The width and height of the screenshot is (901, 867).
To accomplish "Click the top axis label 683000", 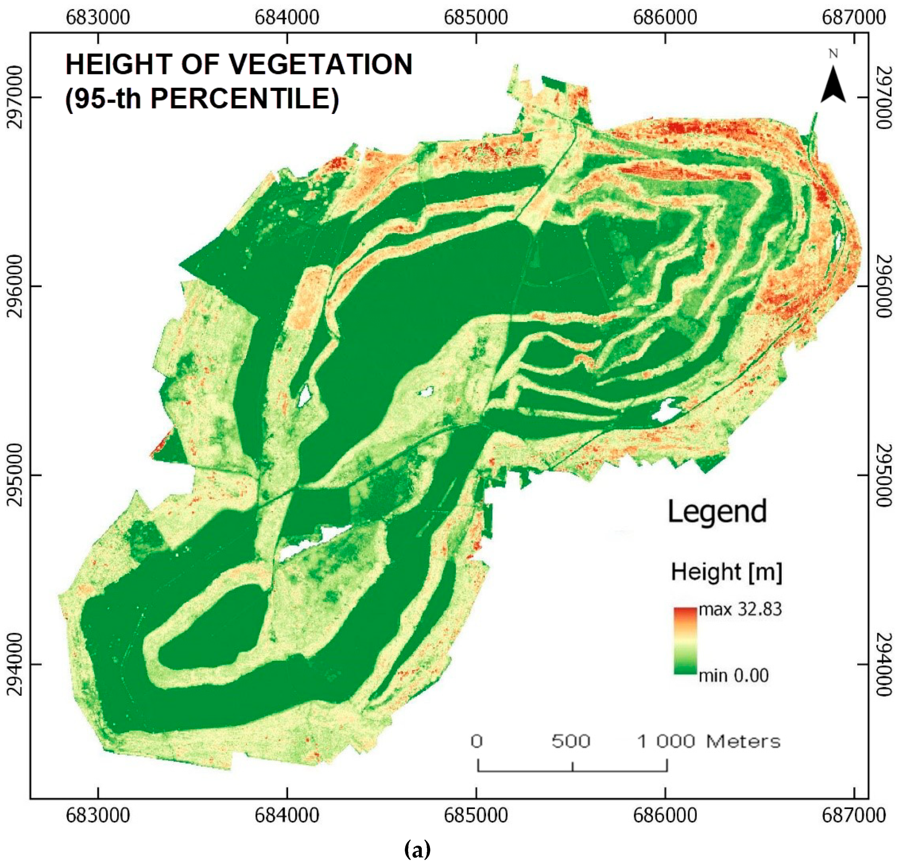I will [x=98, y=17].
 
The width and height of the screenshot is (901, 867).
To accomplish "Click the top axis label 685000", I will [x=476, y=17].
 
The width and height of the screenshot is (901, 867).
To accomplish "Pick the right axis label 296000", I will [x=885, y=287].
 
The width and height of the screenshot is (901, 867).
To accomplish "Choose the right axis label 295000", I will [x=885, y=476].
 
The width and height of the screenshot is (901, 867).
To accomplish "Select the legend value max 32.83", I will [x=740, y=609].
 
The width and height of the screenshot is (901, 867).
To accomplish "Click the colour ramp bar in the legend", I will [x=685, y=641].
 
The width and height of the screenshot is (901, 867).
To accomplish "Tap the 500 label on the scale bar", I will [x=571, y=741].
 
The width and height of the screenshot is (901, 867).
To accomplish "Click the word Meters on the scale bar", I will [x=743, y=741].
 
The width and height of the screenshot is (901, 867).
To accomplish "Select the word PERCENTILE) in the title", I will [x=245, y=98].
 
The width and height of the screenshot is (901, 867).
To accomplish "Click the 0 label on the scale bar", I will [x=477, y=741].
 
